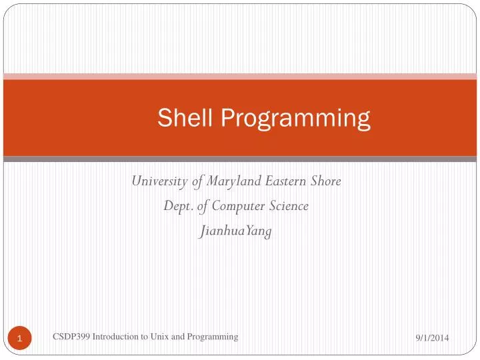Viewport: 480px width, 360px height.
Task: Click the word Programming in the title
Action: (295, 119)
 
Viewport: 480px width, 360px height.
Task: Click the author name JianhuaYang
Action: (236, 231)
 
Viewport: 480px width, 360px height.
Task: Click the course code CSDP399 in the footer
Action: (71, 337)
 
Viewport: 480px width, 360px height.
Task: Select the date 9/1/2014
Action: (431, 339)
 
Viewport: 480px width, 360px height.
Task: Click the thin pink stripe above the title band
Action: (240, 77)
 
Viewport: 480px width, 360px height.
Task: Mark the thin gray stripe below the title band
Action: (240, 159)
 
